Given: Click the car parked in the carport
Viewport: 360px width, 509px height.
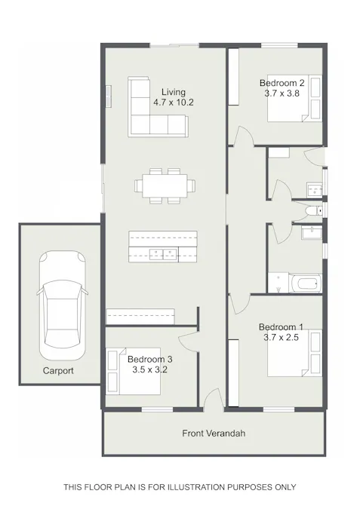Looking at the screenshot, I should click(61, 305).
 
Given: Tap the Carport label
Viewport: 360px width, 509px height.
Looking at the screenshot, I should click(58, 371).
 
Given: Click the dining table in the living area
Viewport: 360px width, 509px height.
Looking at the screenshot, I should click(164, 185).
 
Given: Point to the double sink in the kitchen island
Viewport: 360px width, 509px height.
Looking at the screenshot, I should click(163, 253).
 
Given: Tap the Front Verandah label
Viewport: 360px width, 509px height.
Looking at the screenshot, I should click(214, 434).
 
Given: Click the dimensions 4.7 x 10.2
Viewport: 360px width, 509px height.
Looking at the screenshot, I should click(174, 102).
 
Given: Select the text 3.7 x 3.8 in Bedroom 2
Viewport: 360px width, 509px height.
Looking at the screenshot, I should click(282, 93).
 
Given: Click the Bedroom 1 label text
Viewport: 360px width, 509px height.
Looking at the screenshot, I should click(281, 327).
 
